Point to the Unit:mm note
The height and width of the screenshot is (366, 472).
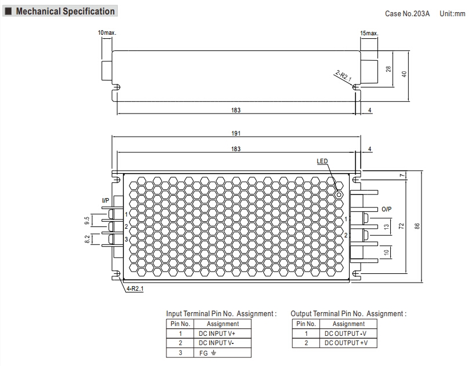pos(452,13)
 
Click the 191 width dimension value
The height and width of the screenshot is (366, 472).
pos(236,133)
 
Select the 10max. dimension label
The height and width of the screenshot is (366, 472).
pos(107,33)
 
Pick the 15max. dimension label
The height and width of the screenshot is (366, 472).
pos(369,33)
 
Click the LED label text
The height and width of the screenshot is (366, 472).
pos(322,162)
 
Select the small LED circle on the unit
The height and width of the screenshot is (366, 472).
pos(339,195)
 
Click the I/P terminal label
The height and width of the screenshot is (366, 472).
pos(106,200)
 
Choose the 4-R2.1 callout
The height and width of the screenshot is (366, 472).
pos(135,288)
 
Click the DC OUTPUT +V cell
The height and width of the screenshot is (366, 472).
pos(348,343)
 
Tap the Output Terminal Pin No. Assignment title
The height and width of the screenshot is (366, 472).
pos(348,314)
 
